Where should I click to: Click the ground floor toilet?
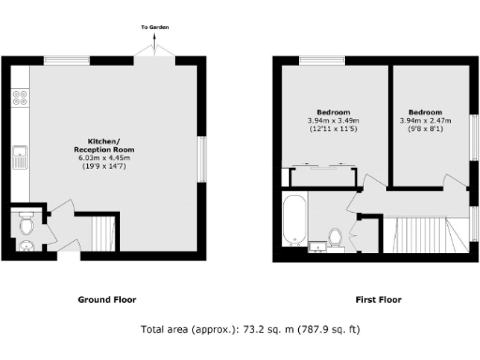coord(25,226)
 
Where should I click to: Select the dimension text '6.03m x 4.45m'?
coord(104,158)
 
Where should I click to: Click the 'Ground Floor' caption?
coord(106,301)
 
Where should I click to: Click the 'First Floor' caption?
coord(378,301)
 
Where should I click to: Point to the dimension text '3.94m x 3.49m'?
coord(333,120)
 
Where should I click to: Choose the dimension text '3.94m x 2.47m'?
coord(427,120)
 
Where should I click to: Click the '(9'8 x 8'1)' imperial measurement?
coord(427,129)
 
